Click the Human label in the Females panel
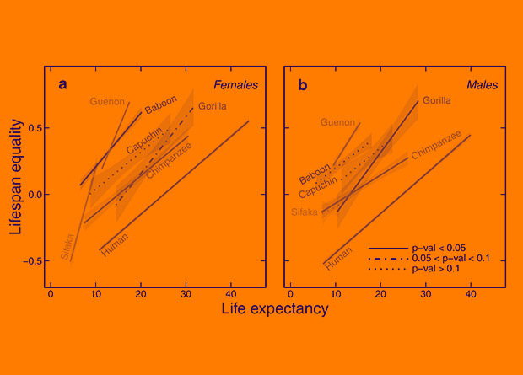click(x=112, y=239)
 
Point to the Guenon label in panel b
click(x=337, y=122)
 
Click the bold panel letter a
click(x=62, y=84)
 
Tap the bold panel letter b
click(x=302, y=84)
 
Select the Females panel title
click(x=235, y=84)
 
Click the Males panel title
click(x=482, y=84)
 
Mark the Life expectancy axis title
click(x=275, y=309)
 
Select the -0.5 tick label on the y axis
click(x=30, y=261)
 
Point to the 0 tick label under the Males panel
click(x=291, y=297)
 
